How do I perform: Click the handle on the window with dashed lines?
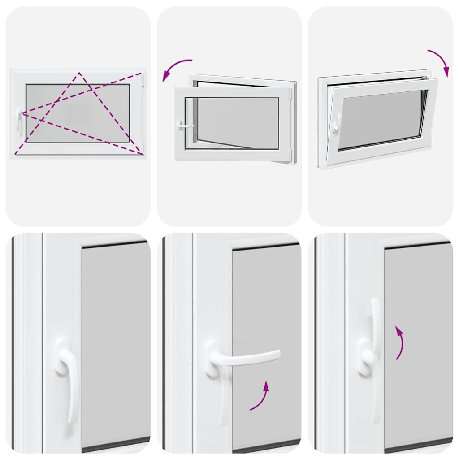pos(19,122)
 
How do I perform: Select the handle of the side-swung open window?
pos(184,126)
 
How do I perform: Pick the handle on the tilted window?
pos(335,123)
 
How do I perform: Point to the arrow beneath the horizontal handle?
pos(261,396)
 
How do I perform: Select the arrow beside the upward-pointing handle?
pos(399,342)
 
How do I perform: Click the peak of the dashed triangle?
pos(79,73)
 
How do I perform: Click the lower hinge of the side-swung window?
pos(292,155)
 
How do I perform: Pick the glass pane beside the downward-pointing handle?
pos(116,341)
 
